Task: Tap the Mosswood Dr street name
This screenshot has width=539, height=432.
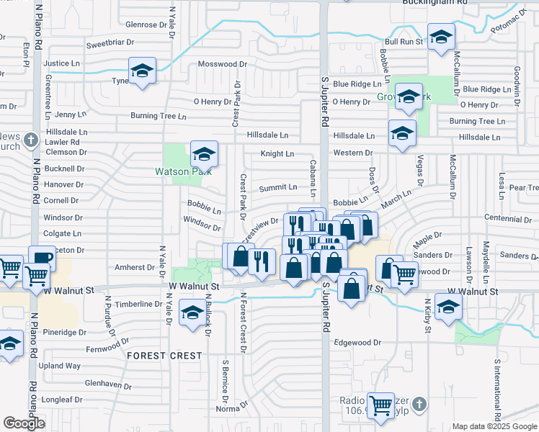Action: (223, 64)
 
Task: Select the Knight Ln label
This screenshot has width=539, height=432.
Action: (277, 153)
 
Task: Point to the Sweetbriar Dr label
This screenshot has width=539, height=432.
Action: (110, 43)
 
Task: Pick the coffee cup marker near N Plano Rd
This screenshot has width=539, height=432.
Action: (41, 259)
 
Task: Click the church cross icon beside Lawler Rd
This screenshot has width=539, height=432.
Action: (30, 139)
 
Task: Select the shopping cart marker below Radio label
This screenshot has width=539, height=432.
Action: (380, 405)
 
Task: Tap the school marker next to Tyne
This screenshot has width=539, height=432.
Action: (142, 72)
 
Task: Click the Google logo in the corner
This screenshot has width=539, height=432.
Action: (24, 423)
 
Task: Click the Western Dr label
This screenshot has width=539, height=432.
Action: (352, 153)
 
